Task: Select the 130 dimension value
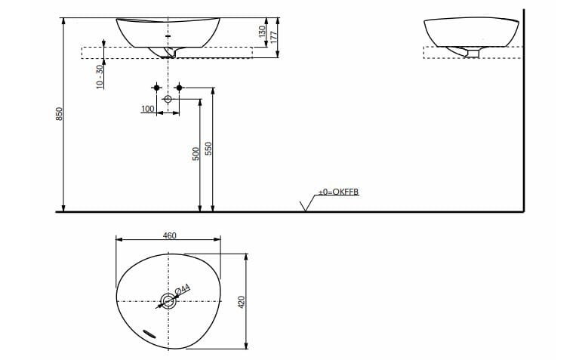(262, 32)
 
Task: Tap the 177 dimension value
(275, 36)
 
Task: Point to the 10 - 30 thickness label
(99, 76)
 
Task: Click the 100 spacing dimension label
(147, 109)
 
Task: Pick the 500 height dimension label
(196, 153)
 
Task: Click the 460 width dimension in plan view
(169, 235)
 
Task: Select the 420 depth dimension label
(242, 302)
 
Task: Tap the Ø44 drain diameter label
(182, 289)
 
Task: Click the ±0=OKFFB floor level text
(337, 192)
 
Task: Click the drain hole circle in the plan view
(168, 302)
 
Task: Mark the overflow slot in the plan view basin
(147, 332)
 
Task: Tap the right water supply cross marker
(180, 88)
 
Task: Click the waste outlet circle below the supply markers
(168, 100)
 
